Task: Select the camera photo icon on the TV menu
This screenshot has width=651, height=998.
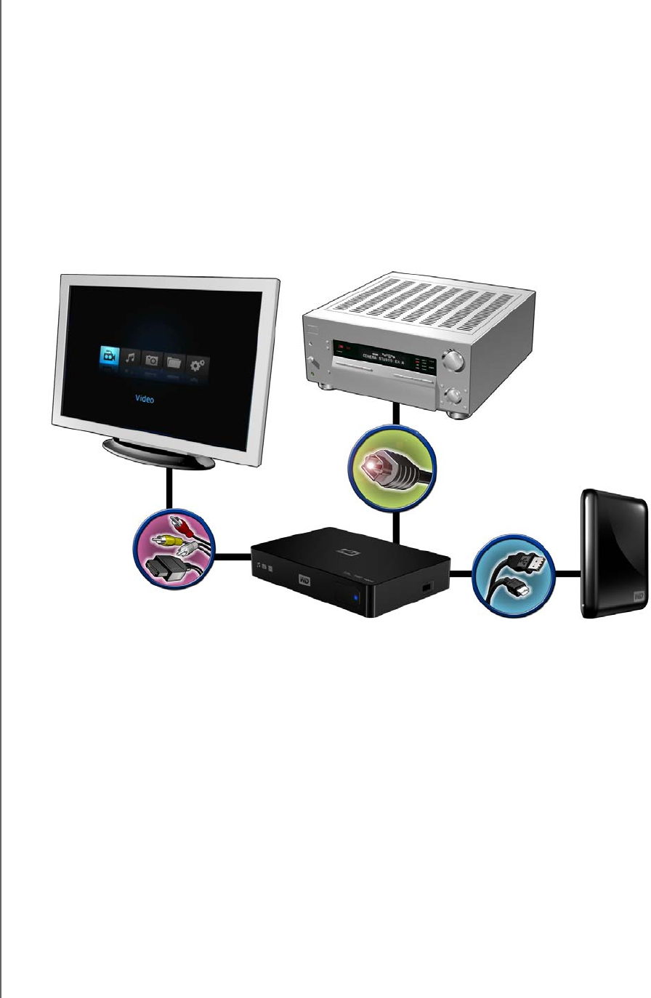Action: point(152,361)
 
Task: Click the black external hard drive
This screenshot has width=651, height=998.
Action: point(612,555)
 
